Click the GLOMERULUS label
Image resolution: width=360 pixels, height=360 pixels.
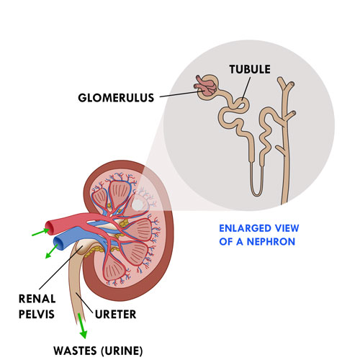pyautogui.click(x=116, y=98)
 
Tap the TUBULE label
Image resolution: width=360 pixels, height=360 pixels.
pyautogui.click(x=250, y=69)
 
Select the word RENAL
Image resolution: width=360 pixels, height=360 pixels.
pyautogui.click(x=37, y=299)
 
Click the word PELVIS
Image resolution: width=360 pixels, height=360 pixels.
pyautogui.click(x=37, y=314)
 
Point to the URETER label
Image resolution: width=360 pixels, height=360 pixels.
pyautogui.click(x=115, y=314)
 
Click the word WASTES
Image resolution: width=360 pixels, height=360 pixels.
pyautogui.click(x=75, y=351)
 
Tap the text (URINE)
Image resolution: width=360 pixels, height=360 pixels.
pyautogui.click(x=122, y=351)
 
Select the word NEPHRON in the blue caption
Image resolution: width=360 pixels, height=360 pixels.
pyautogui.click(x=271, y=241)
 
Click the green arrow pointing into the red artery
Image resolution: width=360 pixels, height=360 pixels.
pyautogui.click(x=40, y=232)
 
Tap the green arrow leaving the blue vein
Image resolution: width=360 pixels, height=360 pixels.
pyautogui.click(x=52, y=251)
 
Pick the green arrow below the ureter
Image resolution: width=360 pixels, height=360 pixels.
pyautogui.click(x=81, y=325)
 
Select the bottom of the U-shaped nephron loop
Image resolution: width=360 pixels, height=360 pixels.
pyautogui.click(x=256, y=194)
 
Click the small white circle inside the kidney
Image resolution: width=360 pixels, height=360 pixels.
pyautogui.click(x=138, y=204)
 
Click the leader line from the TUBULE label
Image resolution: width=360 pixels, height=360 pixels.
pyautogui.click(x=246, y=89)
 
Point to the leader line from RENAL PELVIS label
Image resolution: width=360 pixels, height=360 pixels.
pyautogui.click(x=60, y=268)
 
